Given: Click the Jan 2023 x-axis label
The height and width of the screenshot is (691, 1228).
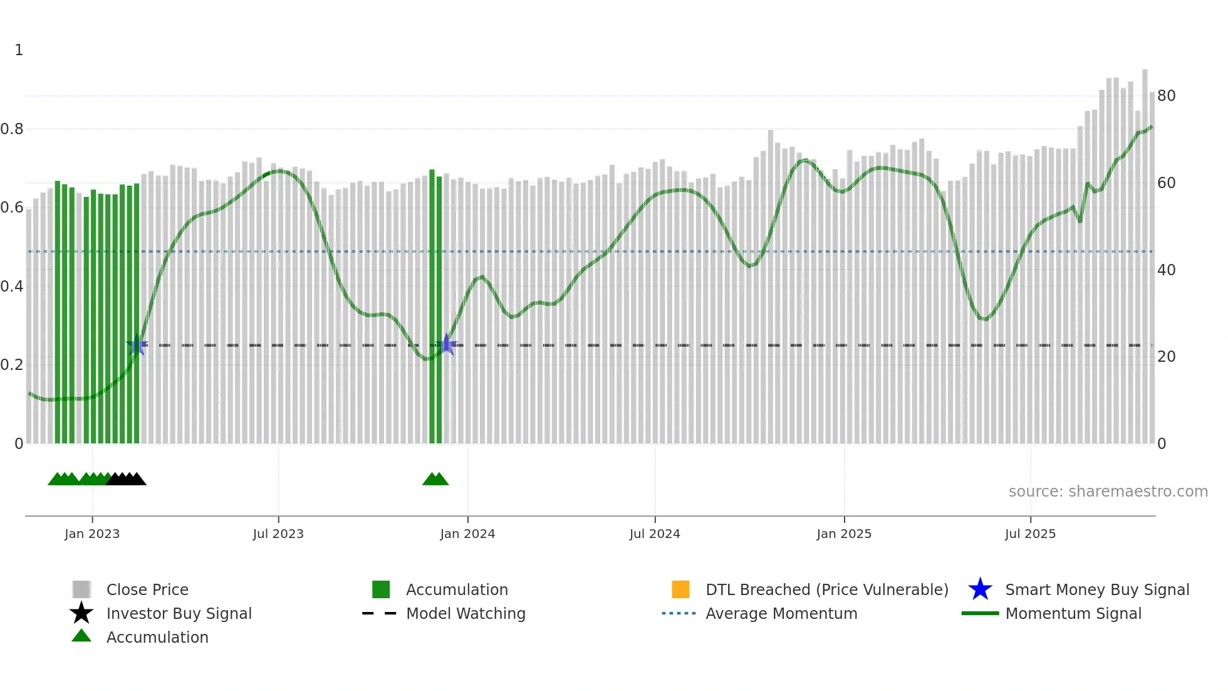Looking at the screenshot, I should [92, 534].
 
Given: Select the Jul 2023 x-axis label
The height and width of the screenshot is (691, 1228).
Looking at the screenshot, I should [278, 534].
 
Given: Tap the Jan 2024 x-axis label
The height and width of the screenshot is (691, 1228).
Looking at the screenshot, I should [467, 534].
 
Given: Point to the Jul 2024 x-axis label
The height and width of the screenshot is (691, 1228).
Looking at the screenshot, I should [655, 534].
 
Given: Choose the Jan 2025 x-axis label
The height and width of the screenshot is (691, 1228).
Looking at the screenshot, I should [844, 534].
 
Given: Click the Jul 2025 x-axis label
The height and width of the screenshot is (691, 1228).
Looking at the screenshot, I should [1030, 534].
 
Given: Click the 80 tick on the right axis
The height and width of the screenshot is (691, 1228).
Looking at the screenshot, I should [1166, 96].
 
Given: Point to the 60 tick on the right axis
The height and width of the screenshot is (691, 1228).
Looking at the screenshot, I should [1166, 183].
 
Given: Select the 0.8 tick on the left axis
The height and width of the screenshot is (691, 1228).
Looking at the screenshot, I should [12, 129].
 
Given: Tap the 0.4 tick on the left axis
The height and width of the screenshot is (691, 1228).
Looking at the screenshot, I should [12, 287].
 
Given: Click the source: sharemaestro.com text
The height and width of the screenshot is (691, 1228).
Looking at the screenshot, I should [1108, 492].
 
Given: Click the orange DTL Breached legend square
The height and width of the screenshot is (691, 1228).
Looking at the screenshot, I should [680, 589].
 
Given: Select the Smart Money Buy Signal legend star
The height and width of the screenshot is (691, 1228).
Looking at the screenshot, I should [980, 589].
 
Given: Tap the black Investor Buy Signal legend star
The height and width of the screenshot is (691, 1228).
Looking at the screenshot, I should [81, 613].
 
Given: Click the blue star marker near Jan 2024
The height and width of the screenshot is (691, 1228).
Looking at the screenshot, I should [447, 344].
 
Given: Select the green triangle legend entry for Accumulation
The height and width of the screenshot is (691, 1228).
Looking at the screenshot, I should [81, 636].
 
